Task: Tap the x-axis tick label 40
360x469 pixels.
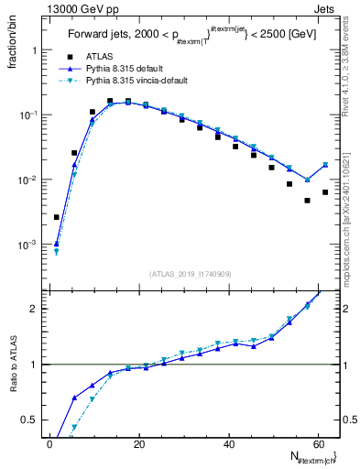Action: (x=227, y=444)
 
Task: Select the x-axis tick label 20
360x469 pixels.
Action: (x=138, y=444)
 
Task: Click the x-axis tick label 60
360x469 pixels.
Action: (x=317, y=444)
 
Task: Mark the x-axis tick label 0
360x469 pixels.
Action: (x=49, y=444)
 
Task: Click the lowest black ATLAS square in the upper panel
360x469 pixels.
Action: (x=57, y=217)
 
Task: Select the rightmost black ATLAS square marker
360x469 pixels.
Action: (x=325, y=192)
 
